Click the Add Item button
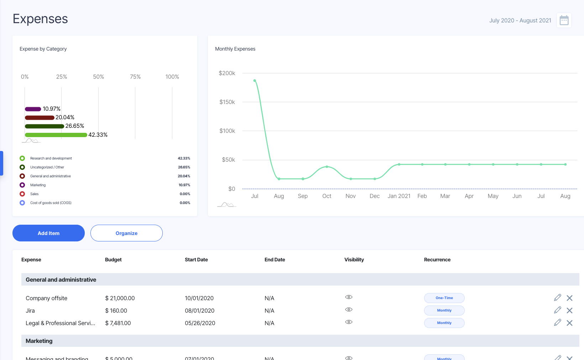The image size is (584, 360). tap(48, 233)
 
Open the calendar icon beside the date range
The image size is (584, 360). tap(564, 20)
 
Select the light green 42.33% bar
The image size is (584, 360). tap(56, 135)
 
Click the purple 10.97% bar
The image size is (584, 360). tap(33, 109)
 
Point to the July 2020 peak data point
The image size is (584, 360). tap(255, 81)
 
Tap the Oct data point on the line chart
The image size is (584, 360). tap(327, 167)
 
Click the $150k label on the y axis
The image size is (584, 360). tap(227, 102)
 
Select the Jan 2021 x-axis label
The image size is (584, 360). tap(399, 196)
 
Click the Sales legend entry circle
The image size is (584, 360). tap(22, 194)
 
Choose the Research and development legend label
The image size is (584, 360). tap(51, 158)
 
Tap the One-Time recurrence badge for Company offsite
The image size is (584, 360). tap(444, 298)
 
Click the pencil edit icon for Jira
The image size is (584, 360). tap(557, 310)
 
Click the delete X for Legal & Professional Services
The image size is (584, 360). tap(569, 323)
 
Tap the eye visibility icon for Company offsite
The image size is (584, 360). tap(349, 297)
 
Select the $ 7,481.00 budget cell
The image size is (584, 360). tap(118, 323)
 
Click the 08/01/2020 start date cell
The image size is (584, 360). tap(199, 311)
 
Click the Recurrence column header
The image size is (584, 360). tap(437, 260)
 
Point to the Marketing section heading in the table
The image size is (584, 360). tap(39, 341)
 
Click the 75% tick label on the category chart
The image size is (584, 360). tap(135, 77)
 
